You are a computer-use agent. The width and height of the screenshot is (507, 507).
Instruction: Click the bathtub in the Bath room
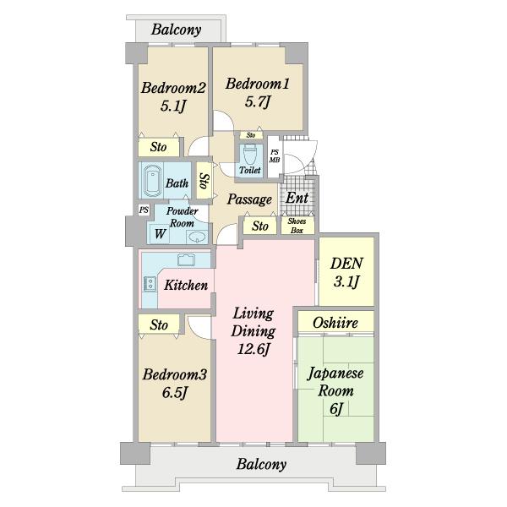(x=153, y=181)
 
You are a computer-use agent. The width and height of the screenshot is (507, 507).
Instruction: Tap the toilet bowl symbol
(x=249, y=155)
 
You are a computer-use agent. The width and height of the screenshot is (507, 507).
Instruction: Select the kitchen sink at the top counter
(x=186, y=260)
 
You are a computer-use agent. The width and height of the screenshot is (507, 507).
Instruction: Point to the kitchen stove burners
(x=150, y=284)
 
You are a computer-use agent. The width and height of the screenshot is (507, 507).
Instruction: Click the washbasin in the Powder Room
(x=197, y=237)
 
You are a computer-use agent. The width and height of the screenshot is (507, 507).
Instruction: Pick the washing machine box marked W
(x=159, y=233)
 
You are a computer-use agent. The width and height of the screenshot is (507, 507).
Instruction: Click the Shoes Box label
(x=297, y=226)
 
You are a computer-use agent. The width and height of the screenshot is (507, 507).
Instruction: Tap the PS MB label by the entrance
(x=275, y=155)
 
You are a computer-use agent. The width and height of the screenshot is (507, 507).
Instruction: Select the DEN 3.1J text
(x=346, y=273)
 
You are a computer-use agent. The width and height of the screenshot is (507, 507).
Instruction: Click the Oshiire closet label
(x=335, y=323)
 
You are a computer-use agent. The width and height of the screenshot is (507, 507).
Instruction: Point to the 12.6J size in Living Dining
(x=253, y=349)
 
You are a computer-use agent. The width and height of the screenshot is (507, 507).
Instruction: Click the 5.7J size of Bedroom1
(x=258, y=102)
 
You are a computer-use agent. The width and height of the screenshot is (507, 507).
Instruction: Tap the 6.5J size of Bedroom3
(x=175, y=393)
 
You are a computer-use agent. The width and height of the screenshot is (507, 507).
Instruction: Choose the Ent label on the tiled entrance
(x=297, y=198)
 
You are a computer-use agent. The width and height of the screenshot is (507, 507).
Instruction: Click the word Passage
(x=249, y=199)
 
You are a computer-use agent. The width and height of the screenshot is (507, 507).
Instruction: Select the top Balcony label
(x=177, y=30)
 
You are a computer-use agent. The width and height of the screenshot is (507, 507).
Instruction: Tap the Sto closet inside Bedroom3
(x=159, y=324)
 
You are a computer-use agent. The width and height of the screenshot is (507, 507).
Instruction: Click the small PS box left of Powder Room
(x=144, y=210)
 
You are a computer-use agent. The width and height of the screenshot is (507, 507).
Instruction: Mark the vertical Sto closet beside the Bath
(x=204, y=181)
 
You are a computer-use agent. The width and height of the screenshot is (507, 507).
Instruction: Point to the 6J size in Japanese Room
(x=336, y=408)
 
